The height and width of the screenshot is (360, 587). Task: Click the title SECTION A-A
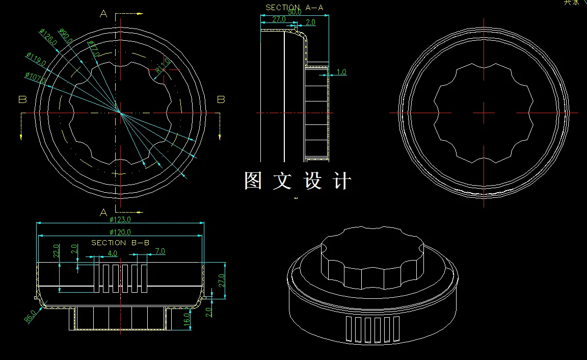[x=294, y=8]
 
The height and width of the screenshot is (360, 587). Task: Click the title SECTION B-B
[x=120, y=243]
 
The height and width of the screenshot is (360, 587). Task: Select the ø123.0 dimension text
[x=120, y=220]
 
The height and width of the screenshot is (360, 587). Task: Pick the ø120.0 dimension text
[x=120, y=232]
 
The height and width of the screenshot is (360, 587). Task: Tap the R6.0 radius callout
[x=30, y=317]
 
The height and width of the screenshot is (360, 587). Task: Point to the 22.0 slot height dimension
[x=57, y=250]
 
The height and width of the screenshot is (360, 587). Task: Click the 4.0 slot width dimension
[x=112, y=253]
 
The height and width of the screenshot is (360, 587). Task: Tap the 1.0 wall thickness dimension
[x=341, y=72]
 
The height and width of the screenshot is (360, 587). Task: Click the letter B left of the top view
[x=22, y=99]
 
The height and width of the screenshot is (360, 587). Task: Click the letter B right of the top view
[x=221, y=99]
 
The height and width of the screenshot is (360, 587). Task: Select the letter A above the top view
[x=103, y=14]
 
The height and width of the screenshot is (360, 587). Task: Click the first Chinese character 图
[x=253, y=181]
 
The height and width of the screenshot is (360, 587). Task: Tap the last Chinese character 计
[x=342, y=181]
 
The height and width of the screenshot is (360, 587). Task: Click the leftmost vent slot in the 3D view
[x=349, y=329]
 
